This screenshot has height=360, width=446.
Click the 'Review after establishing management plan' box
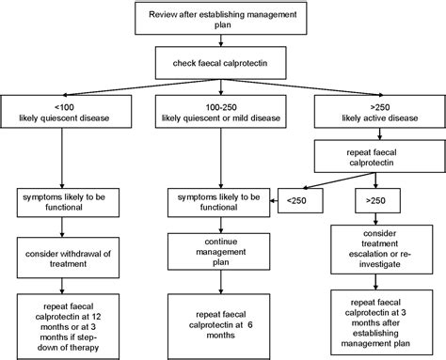(222, 19)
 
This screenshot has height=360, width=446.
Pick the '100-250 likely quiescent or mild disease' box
(222, 114)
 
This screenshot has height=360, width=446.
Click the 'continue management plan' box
(222, 250)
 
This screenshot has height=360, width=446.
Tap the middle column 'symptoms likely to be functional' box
(222, 200)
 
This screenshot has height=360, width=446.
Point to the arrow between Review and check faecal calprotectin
(222, 42)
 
